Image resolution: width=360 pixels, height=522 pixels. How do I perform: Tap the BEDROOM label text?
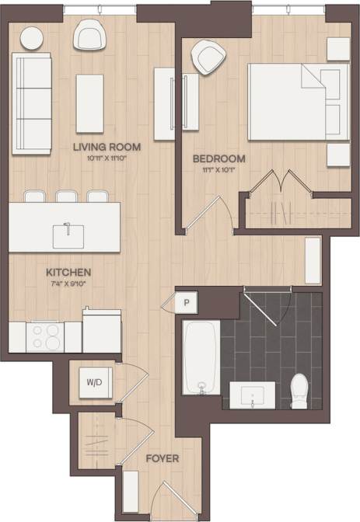[x=218, y=158]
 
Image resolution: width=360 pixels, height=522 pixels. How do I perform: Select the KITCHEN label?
[x=69, y=273]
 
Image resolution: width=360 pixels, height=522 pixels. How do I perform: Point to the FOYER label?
[x=163, y=458]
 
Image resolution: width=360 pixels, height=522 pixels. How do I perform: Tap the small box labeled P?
[x=187, y=301]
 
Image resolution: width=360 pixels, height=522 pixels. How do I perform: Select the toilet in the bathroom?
[x=299, y=390]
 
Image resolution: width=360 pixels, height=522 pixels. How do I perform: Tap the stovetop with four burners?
[x=46, y=337]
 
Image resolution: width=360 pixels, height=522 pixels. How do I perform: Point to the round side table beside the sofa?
[x=33, y=37]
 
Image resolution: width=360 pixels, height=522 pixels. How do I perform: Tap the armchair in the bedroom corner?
[x=208, y=57]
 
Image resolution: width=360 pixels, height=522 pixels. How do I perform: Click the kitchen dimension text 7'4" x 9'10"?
[x=69, y=284]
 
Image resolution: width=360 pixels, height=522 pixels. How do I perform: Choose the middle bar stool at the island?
[x=66, y=197]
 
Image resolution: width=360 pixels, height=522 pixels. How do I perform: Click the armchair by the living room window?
[x=89, y=34]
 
